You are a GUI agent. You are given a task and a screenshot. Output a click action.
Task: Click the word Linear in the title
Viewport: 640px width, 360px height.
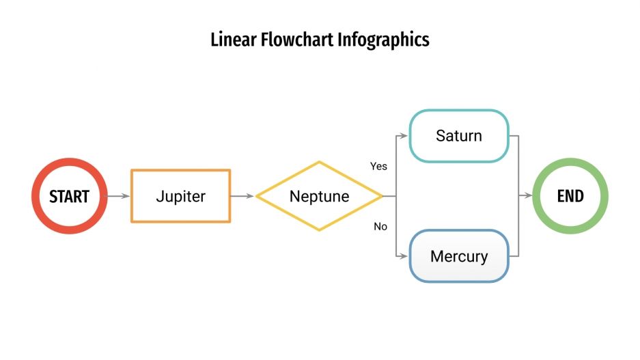click(x=233, y=40)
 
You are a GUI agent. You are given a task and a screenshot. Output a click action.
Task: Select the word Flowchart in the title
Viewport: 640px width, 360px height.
click(x=297, y=40)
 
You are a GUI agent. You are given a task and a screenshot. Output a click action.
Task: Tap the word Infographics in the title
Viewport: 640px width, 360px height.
click(x=383, y=40)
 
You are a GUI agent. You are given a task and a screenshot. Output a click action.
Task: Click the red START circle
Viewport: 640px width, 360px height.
click(x=69, y=196)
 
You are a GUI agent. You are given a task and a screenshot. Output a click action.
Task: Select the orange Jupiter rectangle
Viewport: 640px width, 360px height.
click(x=181, y=196)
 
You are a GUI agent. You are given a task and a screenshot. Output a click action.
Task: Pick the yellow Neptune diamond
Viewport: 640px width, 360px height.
click(x=319, y=196)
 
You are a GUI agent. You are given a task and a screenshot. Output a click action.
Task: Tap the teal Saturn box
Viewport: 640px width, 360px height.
click(x=459, y=136)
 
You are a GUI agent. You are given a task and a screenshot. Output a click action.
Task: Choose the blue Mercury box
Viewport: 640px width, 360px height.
click(x=459, y=257)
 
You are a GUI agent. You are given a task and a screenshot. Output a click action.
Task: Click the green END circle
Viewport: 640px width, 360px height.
click(x=570, y=196)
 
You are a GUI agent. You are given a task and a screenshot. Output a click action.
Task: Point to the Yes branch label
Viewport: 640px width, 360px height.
click(x=378, y=166)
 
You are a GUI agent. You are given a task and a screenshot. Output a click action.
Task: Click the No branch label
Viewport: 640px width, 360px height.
click(x=380, y=226)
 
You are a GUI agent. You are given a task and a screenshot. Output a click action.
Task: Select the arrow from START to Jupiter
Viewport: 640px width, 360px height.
click(x=118, y=196)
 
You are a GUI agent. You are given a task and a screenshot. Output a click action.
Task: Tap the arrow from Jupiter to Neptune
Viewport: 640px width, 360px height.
click(x=242, y=196)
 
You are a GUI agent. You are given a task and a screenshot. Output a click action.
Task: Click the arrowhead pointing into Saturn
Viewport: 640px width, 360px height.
click(x=404, y=136)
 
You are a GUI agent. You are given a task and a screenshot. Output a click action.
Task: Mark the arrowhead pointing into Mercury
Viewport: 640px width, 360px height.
click(x=404, y=257)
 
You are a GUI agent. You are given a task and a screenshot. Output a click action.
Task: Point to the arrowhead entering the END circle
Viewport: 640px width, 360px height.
click(x=529, y=196)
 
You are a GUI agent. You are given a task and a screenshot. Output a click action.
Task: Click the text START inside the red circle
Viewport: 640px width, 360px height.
click(x=69, y=197)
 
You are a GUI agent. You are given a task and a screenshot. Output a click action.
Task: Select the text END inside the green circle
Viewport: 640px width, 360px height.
click(x=570, y=197)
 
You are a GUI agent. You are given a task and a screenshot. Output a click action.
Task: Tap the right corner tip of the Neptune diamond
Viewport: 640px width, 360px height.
click(x=381, y=196)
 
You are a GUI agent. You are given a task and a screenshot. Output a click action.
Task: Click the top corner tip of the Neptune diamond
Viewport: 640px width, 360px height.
click(x=319, y=163)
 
